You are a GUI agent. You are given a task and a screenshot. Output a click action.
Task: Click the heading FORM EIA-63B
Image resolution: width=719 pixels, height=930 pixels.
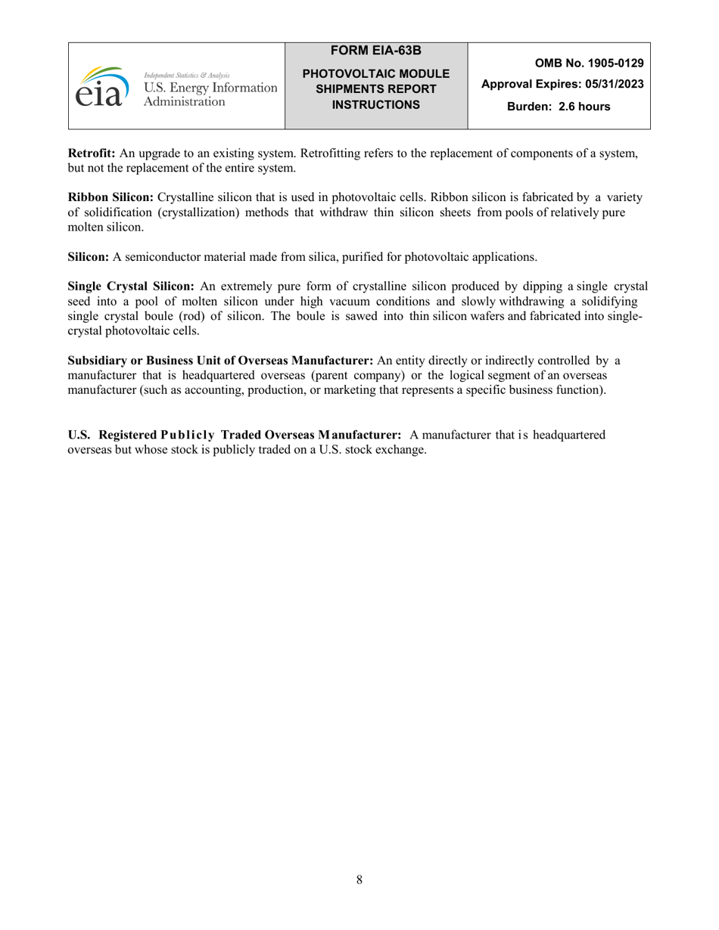376,51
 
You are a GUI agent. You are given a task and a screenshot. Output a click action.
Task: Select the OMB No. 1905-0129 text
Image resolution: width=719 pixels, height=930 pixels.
589,64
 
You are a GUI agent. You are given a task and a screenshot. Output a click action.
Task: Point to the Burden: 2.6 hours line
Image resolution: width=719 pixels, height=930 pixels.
558,107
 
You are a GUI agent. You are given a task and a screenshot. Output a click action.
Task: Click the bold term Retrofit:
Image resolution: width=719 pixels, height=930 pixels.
92,153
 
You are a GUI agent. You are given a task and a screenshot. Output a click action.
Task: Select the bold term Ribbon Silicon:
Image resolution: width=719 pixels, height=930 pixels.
110,197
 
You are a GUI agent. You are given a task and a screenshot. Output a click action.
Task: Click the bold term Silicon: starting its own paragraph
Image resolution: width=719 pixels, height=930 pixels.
89,257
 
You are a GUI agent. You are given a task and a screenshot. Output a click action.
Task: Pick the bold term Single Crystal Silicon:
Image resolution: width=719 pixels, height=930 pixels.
132,287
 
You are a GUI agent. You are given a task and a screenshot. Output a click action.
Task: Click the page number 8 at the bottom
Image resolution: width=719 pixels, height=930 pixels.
359,879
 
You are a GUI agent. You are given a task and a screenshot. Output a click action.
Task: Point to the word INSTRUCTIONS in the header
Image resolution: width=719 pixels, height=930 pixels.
376,104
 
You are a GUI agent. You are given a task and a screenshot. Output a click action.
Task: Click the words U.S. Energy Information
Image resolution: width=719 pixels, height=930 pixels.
210,88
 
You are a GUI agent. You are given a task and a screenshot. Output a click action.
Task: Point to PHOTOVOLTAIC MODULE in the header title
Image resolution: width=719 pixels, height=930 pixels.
376,74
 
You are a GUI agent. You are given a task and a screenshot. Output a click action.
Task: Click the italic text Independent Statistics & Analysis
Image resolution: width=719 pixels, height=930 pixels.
186,76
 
